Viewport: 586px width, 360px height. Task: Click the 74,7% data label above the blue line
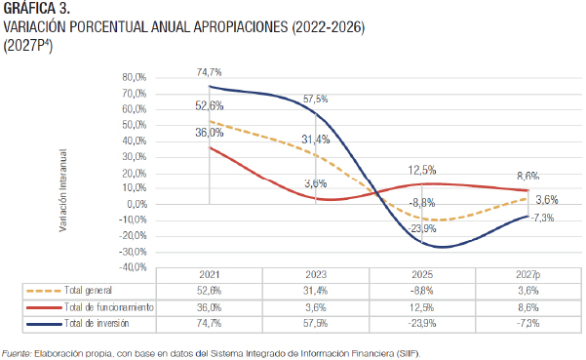[210, 72]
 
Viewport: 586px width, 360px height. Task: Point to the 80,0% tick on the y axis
[135, 77]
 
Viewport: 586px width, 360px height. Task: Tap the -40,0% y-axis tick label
[133, 267]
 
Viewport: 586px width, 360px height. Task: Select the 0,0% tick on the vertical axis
[137, 204]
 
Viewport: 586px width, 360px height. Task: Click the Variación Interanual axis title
[62, 190]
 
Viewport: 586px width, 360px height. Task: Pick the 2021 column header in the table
[210, 275]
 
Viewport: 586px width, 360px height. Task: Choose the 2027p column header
[528, 275]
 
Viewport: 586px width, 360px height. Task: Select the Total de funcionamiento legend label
[109, 307]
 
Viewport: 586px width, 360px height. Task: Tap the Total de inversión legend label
[97, 323]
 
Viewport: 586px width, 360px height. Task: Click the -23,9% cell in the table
[422, 323]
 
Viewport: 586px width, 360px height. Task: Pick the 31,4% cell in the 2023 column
[315, 291]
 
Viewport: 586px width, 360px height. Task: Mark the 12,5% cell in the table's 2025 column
[422, 307]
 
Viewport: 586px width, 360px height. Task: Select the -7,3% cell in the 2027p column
[528, 323]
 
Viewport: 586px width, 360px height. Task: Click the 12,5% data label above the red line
[422, 170]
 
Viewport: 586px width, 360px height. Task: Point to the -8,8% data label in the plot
[422, 203]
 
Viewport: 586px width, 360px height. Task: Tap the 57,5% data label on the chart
[315, 100]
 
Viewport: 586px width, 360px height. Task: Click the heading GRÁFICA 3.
[37, 8]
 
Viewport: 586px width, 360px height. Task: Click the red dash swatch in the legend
[44, 307]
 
